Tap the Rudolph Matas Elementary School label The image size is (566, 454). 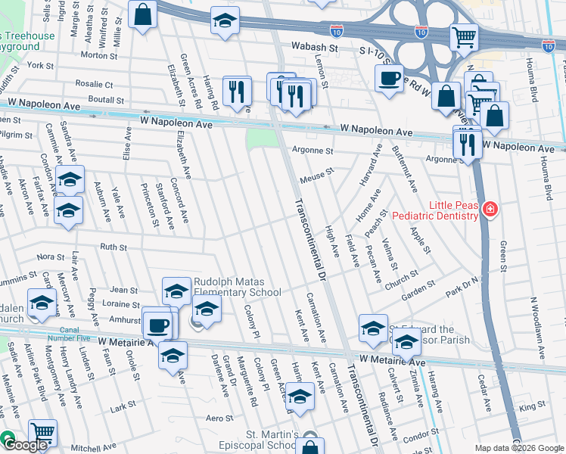(237, 286)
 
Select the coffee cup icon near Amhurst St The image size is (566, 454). (157, 325)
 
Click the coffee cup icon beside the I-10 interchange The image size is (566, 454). (390, 78)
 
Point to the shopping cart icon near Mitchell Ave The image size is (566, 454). (43, 433)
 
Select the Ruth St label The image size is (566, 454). (113, 247)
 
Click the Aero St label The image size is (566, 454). (219, 418)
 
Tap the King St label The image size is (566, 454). (537, 406)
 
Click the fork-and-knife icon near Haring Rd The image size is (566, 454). (237, 92)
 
